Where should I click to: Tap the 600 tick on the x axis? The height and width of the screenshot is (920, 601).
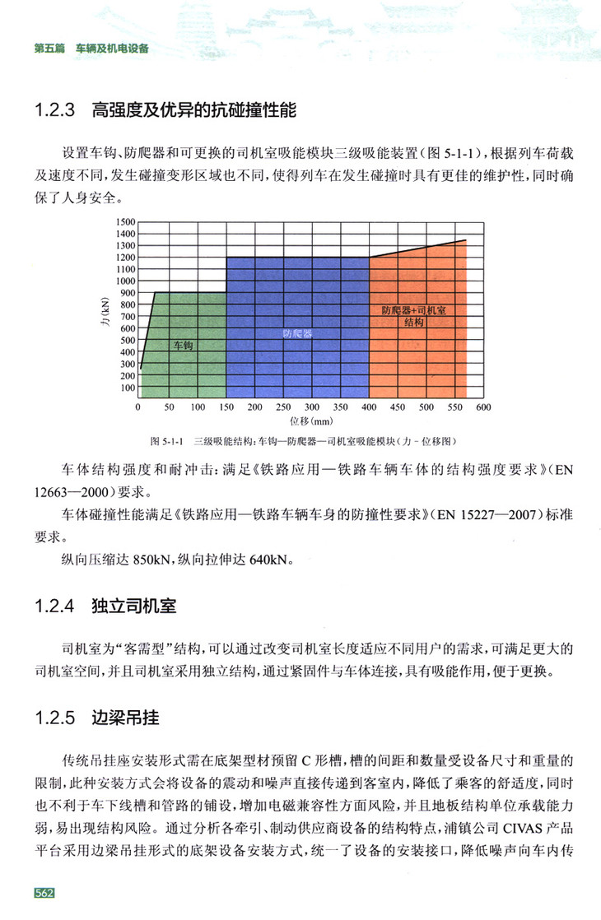click(483, 407)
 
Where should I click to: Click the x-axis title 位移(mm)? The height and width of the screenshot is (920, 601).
click(310, 421)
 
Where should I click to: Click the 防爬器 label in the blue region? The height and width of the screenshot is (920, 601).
click(296, 334)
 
